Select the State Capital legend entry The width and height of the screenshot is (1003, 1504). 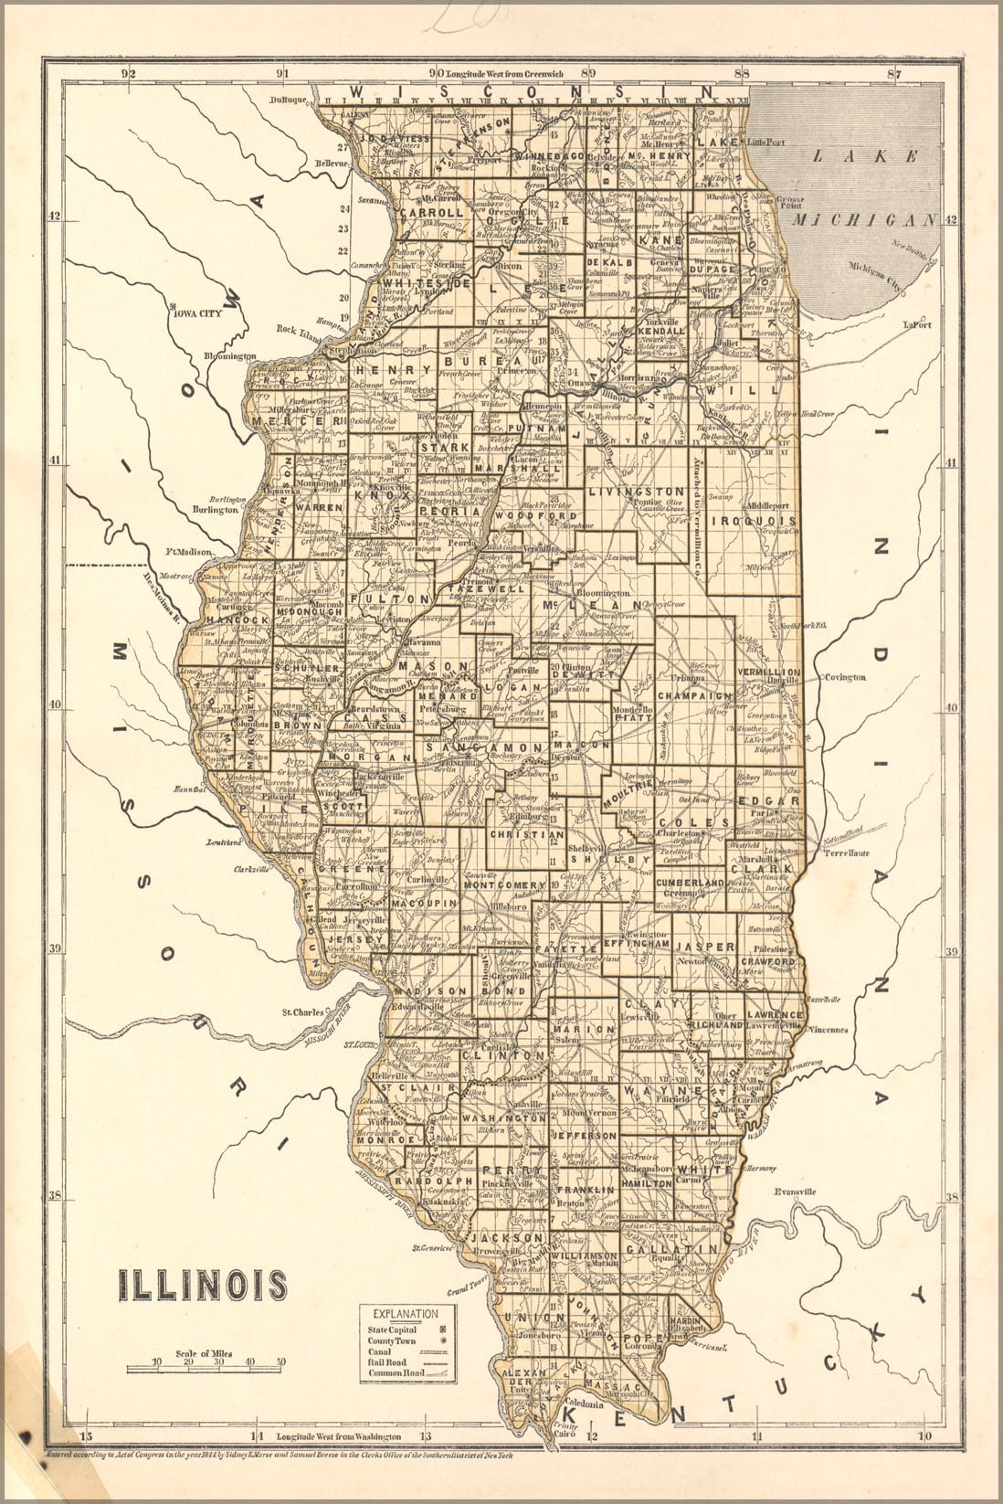pyautogui.click(x=393, y=1329)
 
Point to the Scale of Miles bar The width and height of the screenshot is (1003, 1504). pyautogui.click(x=206, y=1368)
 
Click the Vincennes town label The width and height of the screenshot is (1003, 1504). pyautogui.click(x=829, y=1029)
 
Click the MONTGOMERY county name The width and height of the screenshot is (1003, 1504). pyautogui.click(x=505, y=885)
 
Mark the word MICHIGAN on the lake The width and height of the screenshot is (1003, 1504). pyautogui.click(x=863, y=220)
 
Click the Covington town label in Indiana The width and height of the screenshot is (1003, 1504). pyautogui.click(x=844, y=677)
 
